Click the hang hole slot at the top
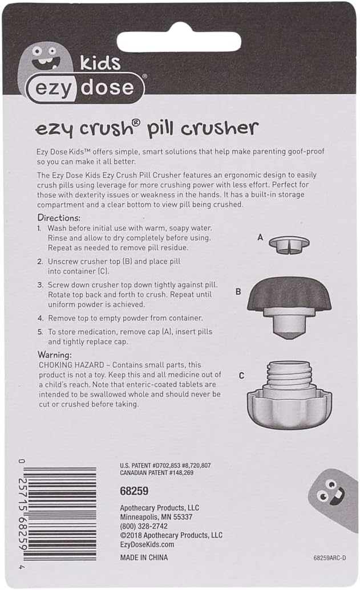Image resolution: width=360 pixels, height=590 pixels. pos(180,42)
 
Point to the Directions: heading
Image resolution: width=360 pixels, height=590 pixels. pos(59,218)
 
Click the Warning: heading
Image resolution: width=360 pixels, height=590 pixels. pos(55,355)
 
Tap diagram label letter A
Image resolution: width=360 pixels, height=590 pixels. pos(260,237)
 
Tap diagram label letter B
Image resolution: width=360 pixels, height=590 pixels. pos(238,291)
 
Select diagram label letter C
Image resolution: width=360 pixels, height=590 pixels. pos(241,376)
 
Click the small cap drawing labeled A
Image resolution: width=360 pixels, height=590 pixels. pos(289,243)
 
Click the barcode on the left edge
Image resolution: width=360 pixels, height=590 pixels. pos(59,513)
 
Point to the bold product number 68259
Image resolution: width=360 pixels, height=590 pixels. pos(135,490)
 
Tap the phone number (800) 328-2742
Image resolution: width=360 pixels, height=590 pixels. pos(144,526)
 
